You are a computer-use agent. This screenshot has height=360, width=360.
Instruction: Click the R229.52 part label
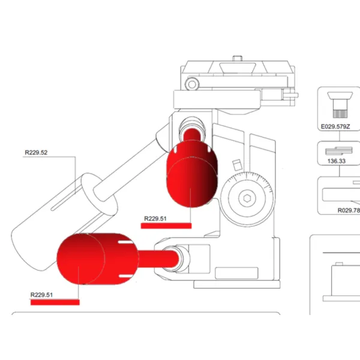pyautogui.click(x=36, y=152)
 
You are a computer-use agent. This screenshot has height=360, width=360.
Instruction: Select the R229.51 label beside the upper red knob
pyautogui.click(x=155, y=218)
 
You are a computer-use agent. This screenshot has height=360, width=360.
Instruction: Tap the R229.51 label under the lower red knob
pyautogui.click(x=41, y=295)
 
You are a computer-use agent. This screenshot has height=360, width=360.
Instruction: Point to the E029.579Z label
pyautogui.click(x=335, y=127)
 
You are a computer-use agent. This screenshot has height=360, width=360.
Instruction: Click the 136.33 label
pyautogui.click(x=337, y=161)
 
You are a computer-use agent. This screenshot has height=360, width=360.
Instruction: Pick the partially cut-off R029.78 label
pyautogui.click(x=349, y=211)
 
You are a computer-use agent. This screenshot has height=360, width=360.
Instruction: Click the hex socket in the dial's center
pyautogui.click(x=247, y=199)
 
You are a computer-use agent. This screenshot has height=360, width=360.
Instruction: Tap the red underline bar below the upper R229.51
pyautogui.click(x=166, y=226)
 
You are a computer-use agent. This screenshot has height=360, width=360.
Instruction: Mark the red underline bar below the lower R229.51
pyautogui.click(x=55, y=302)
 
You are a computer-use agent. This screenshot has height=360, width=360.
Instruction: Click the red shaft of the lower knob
pyautogui.click(x=158, y=259)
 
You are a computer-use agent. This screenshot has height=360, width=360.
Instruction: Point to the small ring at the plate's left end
pyautogui.click(x=192, y=84)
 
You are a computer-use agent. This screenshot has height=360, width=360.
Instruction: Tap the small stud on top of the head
pyautogui.click(x=238, y=58)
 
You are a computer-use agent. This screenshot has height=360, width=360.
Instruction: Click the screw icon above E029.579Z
pyautogui.click(x=340, y=104)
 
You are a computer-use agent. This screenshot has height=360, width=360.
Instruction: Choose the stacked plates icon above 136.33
pyautogui.click(x=338, y=151)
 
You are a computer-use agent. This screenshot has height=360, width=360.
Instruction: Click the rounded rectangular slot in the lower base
pyautogui.click(x=236, y=273)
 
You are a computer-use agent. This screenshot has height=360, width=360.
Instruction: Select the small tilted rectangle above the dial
pyautogui.click(x=237, y=165)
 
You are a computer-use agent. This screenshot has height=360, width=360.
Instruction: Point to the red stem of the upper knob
pyautogui.click(x=192, y=135)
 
